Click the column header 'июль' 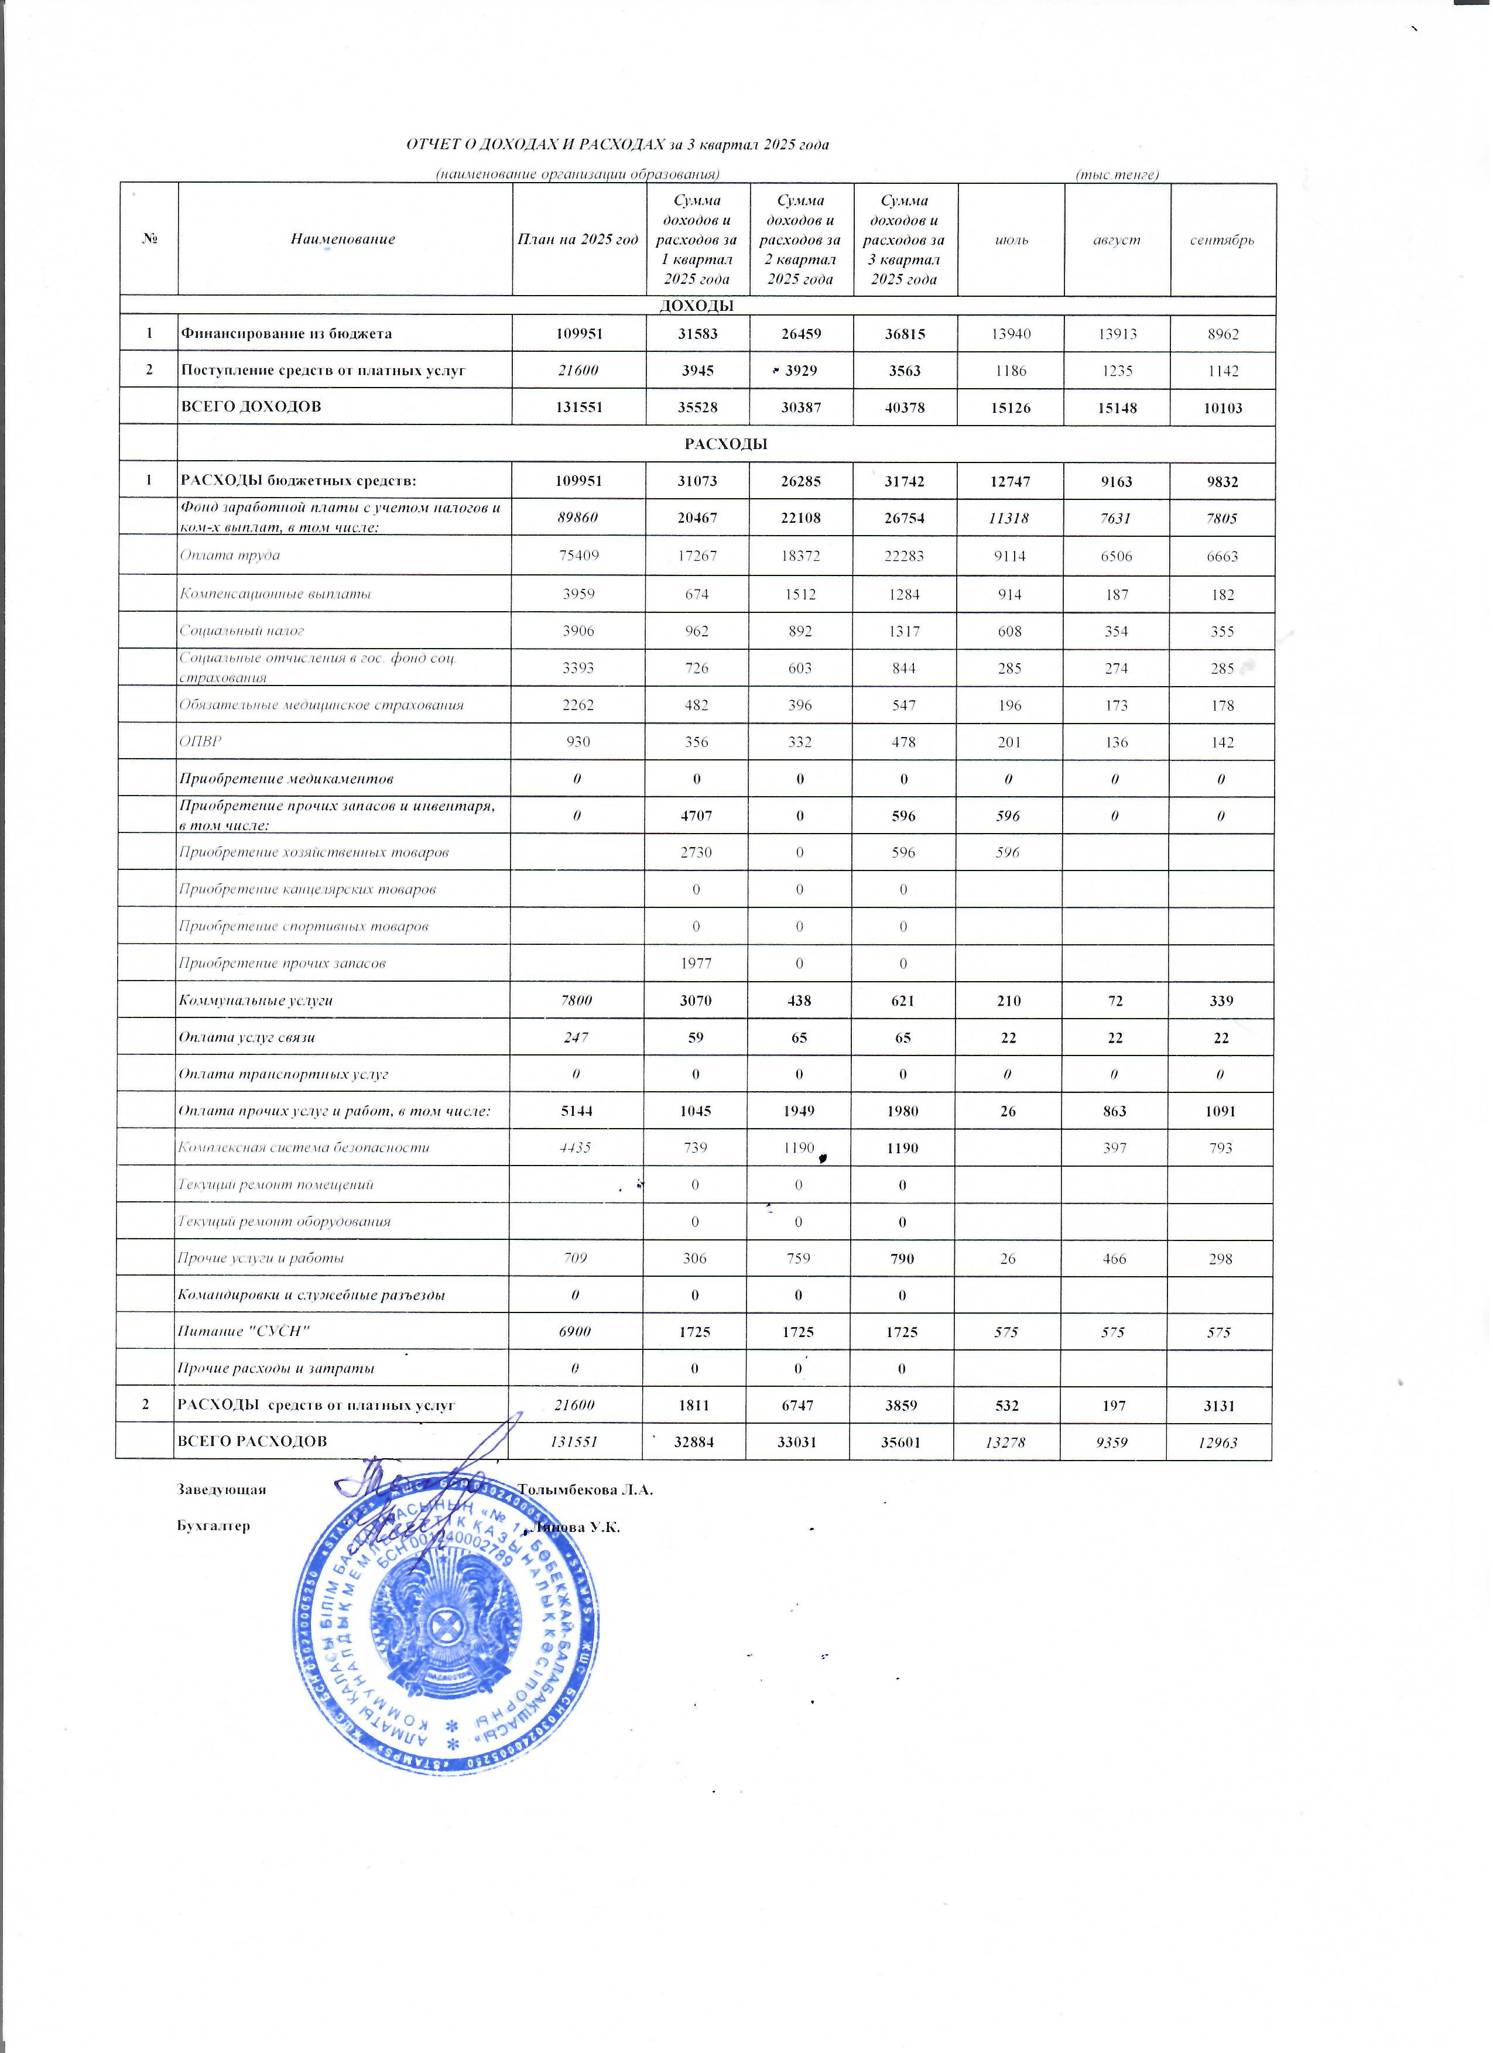1011,240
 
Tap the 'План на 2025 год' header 578,240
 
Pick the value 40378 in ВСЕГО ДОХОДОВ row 903,407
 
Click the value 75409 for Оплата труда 578,556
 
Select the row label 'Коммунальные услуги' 255,1000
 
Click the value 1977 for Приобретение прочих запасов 696,963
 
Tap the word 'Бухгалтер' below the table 214,1526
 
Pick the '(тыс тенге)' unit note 1117,174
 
